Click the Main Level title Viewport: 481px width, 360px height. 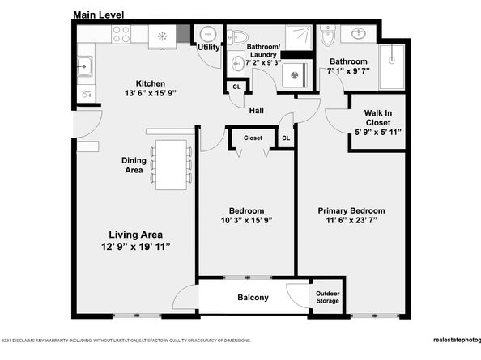(99, 15)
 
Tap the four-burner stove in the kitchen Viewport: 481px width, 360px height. (121, 34)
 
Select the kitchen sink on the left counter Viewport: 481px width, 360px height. (84, 66)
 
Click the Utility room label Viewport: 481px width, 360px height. (209, 47)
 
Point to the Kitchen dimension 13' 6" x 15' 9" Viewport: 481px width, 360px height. (151, 93)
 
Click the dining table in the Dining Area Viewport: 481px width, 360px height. (171, 165)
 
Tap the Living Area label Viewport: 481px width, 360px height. (135, 235)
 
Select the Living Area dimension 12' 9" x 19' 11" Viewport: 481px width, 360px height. (135, 246)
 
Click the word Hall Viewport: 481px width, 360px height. (257, 110)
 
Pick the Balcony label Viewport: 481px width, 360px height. (253, 297)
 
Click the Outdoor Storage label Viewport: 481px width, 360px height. (328, 297)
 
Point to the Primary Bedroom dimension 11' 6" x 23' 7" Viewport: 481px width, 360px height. (351, 220)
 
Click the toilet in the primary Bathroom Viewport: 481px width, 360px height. (327, 36)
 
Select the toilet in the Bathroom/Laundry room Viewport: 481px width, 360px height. (237, 37)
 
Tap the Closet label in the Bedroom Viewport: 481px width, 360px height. (253, 138)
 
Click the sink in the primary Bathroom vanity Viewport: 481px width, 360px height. (358, 33)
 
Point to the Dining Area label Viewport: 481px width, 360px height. (134, 165)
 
